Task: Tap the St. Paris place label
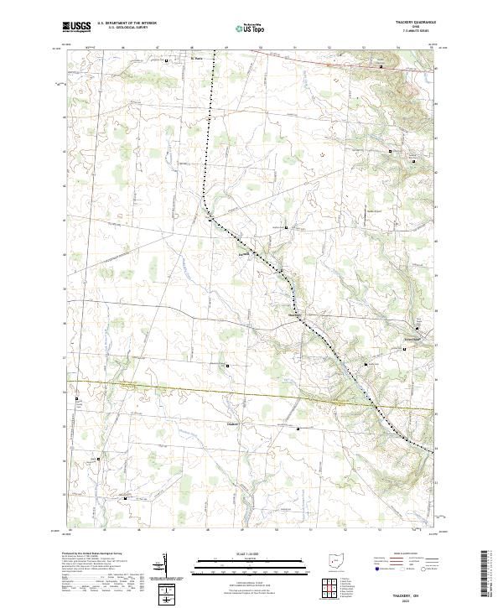pyautogui.click(x=174, y=60)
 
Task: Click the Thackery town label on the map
pyautogui.click(x=296, y=314)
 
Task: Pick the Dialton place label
pyautogui.click(x=235, y=424)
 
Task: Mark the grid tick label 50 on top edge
pyautogui.click(x=261, y=49)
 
